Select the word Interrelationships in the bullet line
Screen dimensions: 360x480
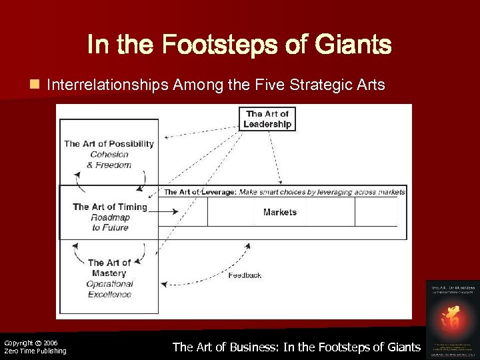[107, 85]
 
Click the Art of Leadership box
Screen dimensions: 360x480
[267, 119]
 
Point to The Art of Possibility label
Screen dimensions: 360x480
[109, 143]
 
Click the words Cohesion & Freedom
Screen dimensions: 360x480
[110, 160]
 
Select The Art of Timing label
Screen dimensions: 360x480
[109, 207]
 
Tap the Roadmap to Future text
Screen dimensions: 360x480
[110, 223]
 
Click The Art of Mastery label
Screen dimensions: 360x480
[109, 268]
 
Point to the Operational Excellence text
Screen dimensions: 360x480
[110, 289]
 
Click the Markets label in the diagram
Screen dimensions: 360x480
[280, 212]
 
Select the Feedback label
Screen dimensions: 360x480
[245, 275]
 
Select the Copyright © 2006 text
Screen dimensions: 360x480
[31, 343]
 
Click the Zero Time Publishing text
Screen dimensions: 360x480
[35, 351]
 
